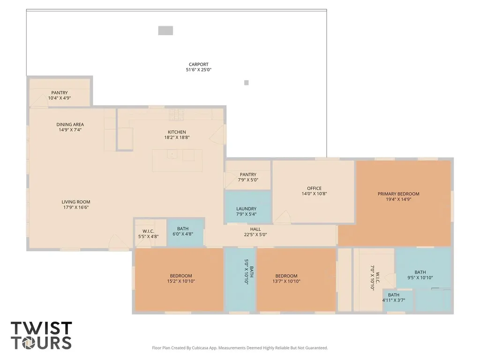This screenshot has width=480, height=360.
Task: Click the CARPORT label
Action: click(x=198, y=64)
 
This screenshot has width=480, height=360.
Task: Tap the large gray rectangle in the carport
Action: click(x=165, y=30)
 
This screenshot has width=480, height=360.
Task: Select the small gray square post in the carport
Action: click(x=247, y=82)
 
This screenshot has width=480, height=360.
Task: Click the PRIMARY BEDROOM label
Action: click(x=398, y=194)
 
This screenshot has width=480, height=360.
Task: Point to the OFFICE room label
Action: click(x=315, y=188)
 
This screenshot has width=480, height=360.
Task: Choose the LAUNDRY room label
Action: click(x=247, y=209)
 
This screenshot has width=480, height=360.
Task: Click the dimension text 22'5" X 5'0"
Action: click(x=255, y=235)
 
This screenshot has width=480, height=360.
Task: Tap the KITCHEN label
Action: click(x=177, y=132)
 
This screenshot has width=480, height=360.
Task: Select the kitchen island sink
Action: click(x=172, y=154)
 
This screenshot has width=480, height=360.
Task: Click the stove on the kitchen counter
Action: click(x=177, y=114)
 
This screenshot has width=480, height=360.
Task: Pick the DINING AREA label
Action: click(x=70, y=124)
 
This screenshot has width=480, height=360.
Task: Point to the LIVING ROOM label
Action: click(x=76, y=202)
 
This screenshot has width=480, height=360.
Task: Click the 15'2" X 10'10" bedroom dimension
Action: click(x=181, y=281)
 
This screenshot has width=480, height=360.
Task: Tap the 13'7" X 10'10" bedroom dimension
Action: click(x=286, y=281)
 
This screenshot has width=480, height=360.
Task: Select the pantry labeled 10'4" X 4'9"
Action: click(x=60, y=95)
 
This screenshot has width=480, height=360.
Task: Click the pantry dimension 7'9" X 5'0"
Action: click(x=248, y=180)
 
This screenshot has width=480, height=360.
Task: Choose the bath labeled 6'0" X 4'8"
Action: click(x=183, y=232)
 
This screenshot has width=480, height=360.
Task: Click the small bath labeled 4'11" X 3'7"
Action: click(x=394, y=298)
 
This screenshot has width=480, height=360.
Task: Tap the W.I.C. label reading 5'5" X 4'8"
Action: click(x=149, y=233)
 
